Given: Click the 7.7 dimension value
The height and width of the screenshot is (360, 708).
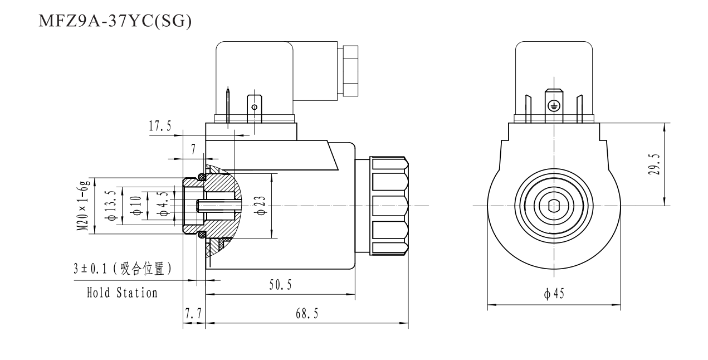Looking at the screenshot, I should tap(193, 315).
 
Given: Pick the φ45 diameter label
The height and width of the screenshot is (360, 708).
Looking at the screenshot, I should tap(555, 294).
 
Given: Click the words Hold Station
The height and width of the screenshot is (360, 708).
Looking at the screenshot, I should tap(122, 293).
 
